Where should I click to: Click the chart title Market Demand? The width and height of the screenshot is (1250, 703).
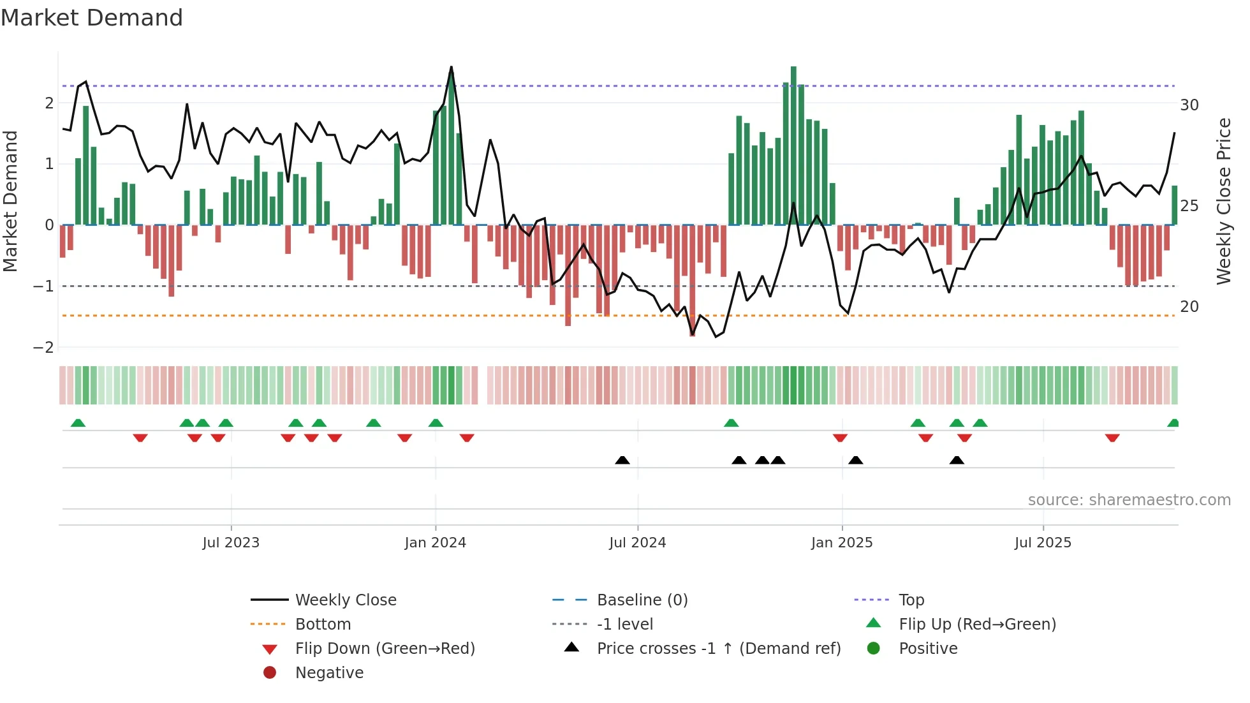tap(92, 18)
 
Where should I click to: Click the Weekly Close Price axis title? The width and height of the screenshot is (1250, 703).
tap(1223, 201)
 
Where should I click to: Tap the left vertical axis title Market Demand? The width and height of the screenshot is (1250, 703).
tap(11, 201)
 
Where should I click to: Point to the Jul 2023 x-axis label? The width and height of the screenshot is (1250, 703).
tap(231, 543)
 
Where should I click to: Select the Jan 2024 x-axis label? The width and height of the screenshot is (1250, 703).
tap(436, 543)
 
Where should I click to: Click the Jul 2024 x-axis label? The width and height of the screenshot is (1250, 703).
tap(638, 543)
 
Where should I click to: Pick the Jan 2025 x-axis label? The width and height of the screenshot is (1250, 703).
tap(842, 543)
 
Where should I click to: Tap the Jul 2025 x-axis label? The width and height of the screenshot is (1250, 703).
tap(1043, 543)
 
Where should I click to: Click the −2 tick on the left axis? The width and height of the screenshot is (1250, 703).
tap(44, 348)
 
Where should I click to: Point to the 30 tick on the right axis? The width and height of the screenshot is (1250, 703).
tap(1189, 105)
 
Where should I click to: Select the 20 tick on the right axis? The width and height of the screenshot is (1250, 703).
tap(1189, 307)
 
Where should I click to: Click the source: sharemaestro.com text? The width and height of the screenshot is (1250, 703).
tap(1129, 500)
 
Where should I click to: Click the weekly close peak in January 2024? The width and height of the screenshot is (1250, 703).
tap(452, 67)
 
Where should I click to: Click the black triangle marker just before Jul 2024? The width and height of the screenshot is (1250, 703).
tap(622, 460)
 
